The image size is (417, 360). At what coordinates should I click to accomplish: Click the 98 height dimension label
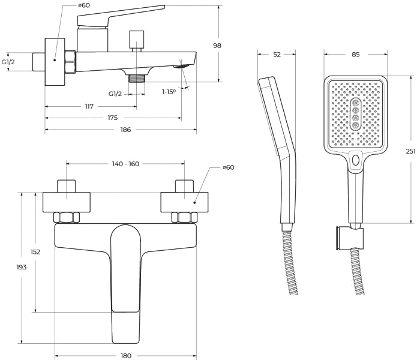pos(217,46)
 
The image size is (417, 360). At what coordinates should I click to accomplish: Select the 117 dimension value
pos(89,107)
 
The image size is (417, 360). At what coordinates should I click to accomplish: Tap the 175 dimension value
pos(112,118)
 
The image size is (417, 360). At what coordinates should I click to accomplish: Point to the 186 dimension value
pos(126,130)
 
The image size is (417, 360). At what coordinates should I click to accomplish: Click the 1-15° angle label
pos(169,92)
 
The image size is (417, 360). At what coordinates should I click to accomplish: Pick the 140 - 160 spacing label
pos(125,164)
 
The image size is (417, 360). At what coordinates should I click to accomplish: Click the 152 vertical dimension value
pos(35,252)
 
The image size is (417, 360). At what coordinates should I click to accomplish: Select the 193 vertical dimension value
pos(22,267)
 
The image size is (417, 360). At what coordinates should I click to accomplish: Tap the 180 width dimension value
pos(126,356)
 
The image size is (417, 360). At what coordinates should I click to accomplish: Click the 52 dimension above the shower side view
pos(277,55)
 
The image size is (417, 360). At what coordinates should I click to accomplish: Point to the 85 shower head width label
pos(356,55)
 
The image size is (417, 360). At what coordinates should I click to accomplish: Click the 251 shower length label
pos(411,151)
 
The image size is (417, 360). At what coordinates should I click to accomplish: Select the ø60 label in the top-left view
pos(84,5)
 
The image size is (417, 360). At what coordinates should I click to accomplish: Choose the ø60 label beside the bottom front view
pos(229,167)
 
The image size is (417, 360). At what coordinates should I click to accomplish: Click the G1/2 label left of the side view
pos(8,62)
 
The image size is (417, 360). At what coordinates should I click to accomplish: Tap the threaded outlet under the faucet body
pos(137,79)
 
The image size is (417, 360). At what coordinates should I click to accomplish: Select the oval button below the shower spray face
pos(356,160)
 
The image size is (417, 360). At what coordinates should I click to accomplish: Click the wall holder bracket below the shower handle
pos(349,238)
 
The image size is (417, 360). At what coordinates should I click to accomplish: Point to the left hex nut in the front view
pos(67,217)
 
